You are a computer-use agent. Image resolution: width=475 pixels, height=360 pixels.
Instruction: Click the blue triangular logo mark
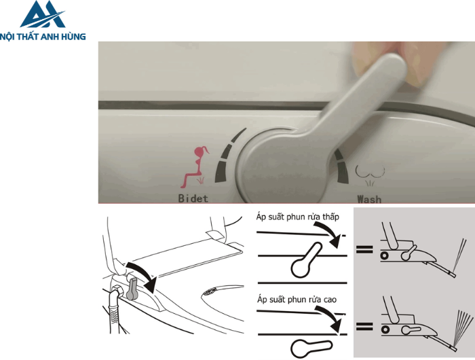43,14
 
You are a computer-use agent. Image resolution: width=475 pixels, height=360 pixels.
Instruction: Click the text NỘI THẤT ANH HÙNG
43,37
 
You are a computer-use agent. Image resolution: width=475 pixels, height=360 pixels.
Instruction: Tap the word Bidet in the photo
193,198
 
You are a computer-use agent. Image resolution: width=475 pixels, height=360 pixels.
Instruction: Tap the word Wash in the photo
369,199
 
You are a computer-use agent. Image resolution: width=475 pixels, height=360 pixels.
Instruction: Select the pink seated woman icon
194,167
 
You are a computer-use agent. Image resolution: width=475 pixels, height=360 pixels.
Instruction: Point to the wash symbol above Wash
370,175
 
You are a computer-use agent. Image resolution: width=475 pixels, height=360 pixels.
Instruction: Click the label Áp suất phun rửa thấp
297,217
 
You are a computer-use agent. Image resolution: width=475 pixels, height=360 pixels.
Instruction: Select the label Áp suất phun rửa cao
297,300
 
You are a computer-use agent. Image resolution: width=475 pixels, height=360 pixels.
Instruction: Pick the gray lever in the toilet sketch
132,289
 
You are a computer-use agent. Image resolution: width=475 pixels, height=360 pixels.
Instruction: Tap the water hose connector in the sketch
116,293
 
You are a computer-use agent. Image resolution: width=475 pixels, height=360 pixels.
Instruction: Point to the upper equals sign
364,249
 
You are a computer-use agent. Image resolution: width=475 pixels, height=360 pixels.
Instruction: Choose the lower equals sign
364,326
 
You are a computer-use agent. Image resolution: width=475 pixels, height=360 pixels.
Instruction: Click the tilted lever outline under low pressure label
305,261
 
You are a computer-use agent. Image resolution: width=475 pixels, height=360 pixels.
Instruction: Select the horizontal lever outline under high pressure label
311,348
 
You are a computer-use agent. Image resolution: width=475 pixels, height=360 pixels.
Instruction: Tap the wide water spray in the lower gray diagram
462,327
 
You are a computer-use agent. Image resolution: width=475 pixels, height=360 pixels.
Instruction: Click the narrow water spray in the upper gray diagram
459,254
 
